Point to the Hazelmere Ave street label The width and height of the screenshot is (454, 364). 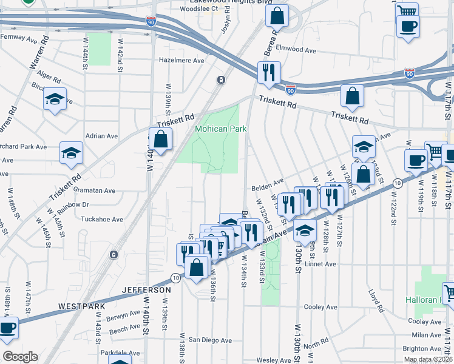click(x=181, y=61)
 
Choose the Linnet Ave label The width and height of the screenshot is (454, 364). click(x=321, y=264)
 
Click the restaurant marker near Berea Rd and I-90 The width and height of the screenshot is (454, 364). click(x=268, y=73)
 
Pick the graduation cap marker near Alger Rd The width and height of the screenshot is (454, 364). click(x=55, y=99)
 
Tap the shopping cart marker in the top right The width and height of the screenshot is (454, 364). click(x=407, y=12)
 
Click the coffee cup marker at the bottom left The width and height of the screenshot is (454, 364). click(x=7, y=328)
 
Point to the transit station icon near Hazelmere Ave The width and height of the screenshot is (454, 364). click(x=222, y=79)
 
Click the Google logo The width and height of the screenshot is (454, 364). click(x=20, y=356)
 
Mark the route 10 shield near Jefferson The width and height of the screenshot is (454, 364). click(x=175, y=278)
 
